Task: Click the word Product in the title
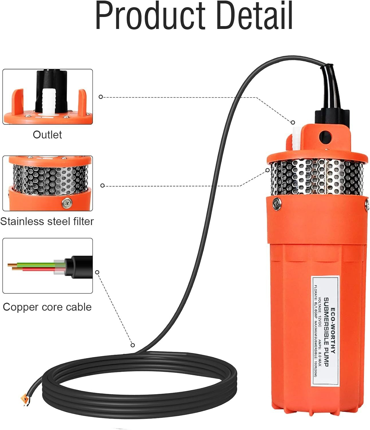pos(150,17)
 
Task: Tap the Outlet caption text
pos(47,135)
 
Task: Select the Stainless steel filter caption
pos(47,222)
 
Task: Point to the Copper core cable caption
pos(47,307)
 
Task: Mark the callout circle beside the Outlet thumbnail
pos(101,97)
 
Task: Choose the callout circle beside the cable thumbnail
pos(97,272)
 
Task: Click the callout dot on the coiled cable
pos(133,345)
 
